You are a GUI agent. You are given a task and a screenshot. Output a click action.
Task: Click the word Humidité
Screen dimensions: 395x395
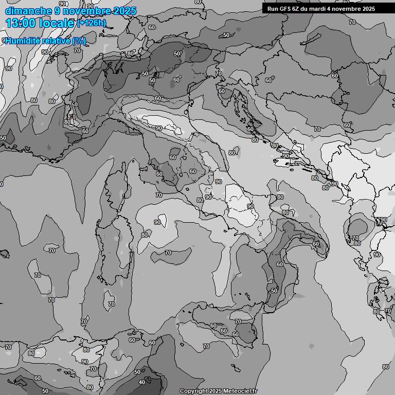[24, 41]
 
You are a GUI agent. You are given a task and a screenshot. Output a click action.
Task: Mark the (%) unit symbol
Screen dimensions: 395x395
[79, 41]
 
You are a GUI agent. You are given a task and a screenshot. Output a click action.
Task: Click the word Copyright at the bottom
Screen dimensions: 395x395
[193, 391]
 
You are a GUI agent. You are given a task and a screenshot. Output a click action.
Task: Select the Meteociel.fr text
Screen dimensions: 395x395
[240, 391]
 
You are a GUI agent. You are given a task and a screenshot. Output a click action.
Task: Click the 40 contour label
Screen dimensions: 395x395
[141, 382]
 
